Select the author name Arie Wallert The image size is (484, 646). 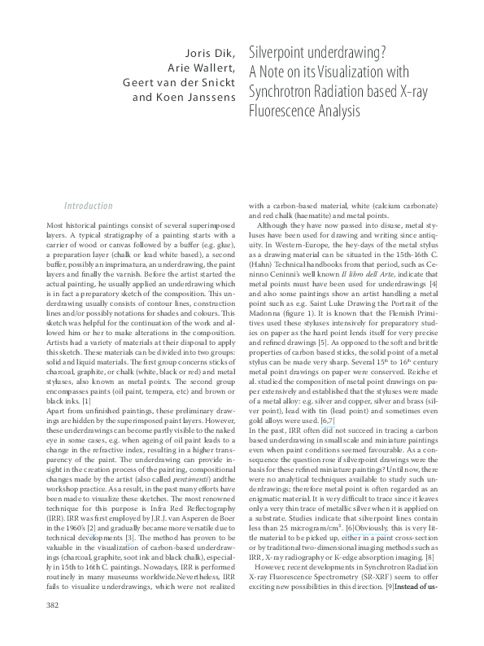pos(201,67)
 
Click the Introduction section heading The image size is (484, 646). pos(89,207)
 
